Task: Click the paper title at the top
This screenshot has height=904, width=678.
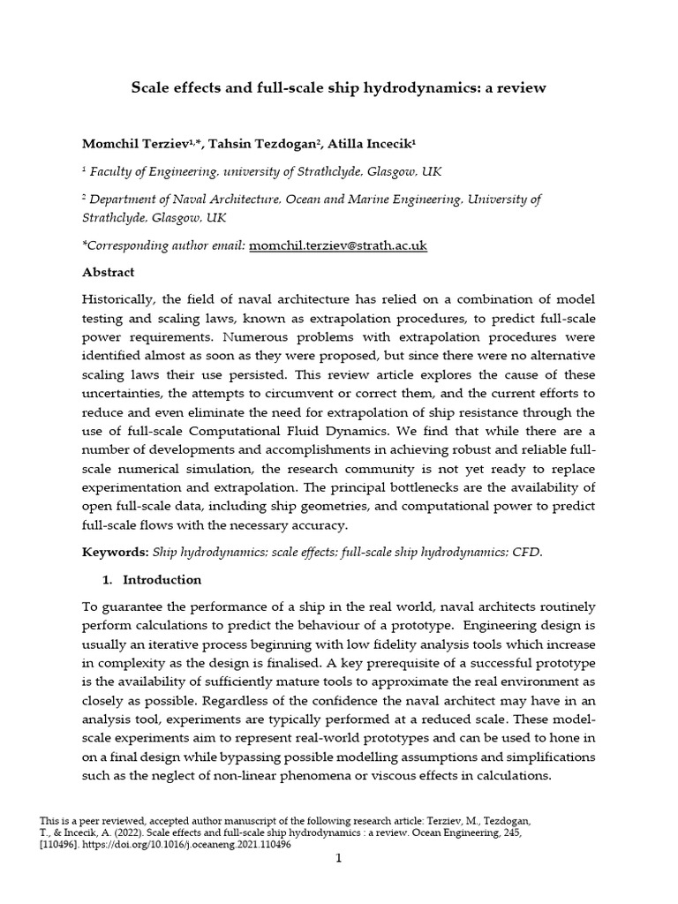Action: (x=339, y=87)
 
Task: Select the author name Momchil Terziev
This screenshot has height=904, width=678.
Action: (x=132, y=143)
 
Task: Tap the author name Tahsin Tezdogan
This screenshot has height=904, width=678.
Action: (x=242, y=143)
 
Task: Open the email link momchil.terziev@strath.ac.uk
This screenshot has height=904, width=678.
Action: (x=338, y=245)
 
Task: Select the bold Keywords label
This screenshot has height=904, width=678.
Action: (x=116, y=553)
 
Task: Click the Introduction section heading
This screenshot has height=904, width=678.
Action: (x=162, y=580)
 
